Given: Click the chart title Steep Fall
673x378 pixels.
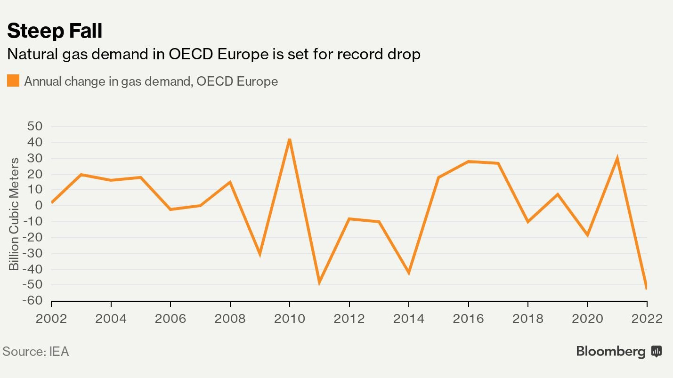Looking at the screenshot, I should click(x=55, y=31).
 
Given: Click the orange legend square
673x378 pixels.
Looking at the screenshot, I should click(x=13, y=81).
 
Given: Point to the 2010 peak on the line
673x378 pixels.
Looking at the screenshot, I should click(x=290, y=140).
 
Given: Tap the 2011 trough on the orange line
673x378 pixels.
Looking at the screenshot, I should click(x=319, y=283).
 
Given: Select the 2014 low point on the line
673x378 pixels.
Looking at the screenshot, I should click(x=409, y=273).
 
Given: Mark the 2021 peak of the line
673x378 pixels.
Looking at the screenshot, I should click(x=617, y=159).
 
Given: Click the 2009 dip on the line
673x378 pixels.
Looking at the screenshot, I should click(x=259, y=254).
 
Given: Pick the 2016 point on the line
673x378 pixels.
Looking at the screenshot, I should click(x=469, y=161).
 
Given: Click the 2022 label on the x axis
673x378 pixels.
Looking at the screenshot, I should click(x=647, y=319).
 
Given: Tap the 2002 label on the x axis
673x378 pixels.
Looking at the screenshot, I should click(x=51, y=319).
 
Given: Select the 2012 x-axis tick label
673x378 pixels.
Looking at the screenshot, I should click(x=349, y=319).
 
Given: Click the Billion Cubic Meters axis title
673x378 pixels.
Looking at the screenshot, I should click(x=14, y=214).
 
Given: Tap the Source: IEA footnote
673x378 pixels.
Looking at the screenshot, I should click(x=36, y=352).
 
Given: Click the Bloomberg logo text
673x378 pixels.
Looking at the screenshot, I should click(x=611, y=351).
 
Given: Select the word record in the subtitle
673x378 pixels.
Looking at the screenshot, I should click(x=358, y=55).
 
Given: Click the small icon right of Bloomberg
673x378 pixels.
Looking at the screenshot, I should click(x=657, y=351).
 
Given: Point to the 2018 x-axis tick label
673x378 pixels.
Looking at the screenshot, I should click(x=528, y=319).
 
